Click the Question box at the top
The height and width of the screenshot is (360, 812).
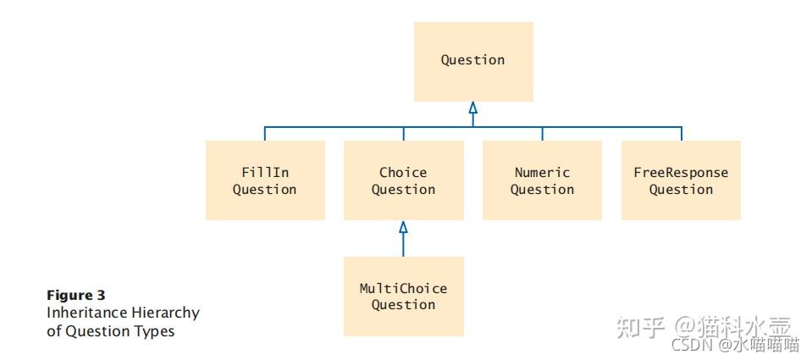(473, 61)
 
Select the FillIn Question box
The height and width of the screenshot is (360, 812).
(265, 180)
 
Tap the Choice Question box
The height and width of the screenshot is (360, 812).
(403, 180)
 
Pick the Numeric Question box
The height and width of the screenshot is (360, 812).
(542, 180)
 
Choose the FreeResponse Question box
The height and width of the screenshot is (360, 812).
(681, 180)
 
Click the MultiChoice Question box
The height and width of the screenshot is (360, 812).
(403, 296)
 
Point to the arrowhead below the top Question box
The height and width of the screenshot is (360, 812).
(473, 108)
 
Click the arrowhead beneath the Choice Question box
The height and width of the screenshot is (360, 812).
(403, 227)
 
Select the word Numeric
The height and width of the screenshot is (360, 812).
(542, 172)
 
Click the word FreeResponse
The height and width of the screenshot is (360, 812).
(681, 172)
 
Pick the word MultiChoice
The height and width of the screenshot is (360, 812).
(403, 288)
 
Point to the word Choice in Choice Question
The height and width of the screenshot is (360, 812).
(403, 172)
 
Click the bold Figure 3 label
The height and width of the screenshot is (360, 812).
(76, 296)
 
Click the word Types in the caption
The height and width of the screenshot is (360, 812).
(155, 330)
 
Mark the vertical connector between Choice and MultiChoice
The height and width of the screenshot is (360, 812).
(403, 245)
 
